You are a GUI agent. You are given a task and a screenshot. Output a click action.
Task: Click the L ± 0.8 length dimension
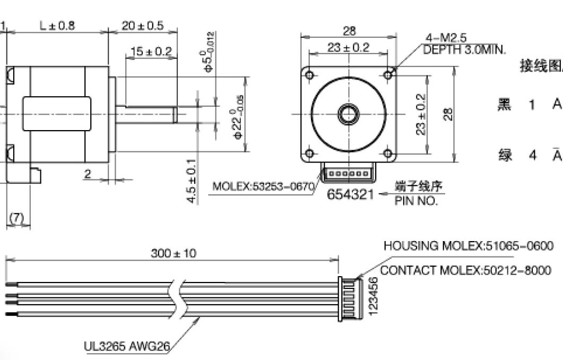[x=57, y=25]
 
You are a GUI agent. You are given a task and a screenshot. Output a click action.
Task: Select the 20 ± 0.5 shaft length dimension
[x=142, y=25]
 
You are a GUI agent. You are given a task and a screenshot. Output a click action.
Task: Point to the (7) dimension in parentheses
[x=18, y=218]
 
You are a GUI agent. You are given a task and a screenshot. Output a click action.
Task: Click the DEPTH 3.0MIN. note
[x=464, y=50]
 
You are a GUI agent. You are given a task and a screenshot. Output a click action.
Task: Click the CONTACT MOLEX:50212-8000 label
[x=466, y=271]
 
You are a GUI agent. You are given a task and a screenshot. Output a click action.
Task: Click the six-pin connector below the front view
[x=348, y=174]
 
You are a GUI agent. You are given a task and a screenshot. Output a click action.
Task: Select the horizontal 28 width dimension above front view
[x=349, y=31]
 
